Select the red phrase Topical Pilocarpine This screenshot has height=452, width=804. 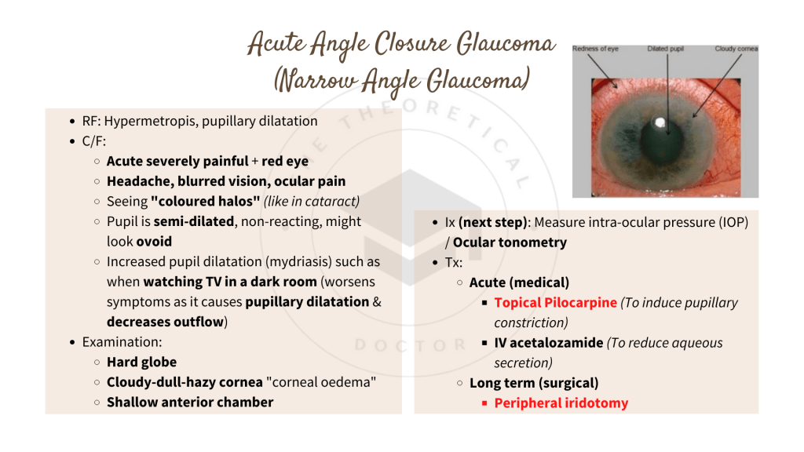[555, 302]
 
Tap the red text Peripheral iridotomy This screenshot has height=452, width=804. [561, 403]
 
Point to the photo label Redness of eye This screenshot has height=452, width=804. [596, 49]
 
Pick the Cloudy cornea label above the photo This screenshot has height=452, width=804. [736, 49]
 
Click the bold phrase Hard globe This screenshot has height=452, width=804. [141, 362]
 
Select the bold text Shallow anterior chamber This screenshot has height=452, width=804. [190, 402]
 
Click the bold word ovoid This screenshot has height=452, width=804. [154, 242]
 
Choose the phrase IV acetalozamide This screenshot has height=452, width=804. [549, 342]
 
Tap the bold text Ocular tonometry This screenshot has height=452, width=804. [510, 242]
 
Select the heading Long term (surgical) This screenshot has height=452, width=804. [534, 383]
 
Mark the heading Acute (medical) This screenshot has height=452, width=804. [519, 282]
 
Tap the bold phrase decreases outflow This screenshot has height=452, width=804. [165, 322]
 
